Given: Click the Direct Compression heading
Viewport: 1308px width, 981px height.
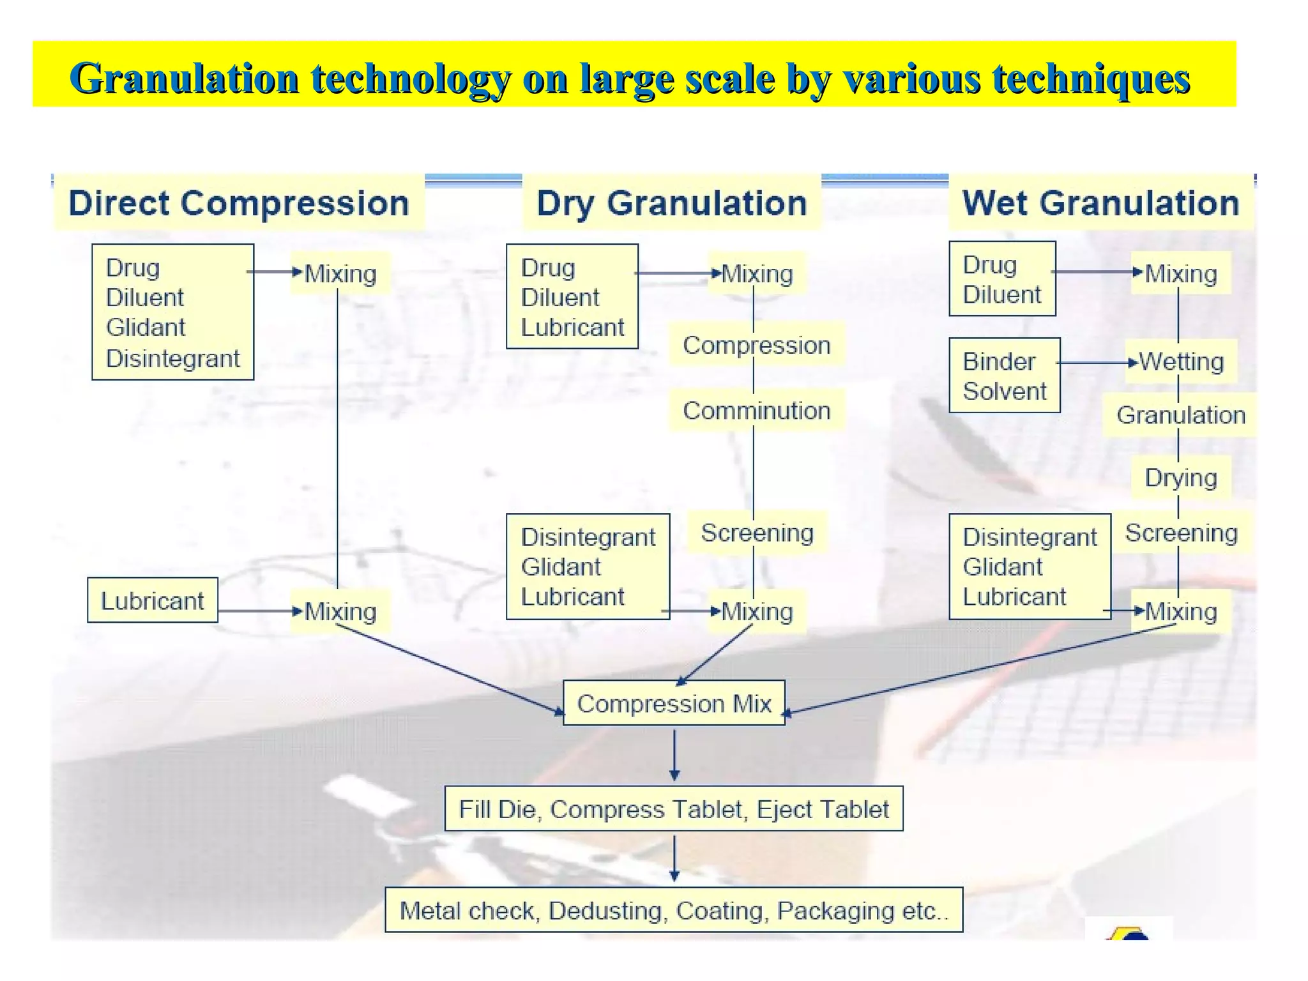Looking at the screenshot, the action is click(x=239, y=203).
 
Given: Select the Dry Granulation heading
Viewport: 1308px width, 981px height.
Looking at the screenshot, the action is click(x=671, y=203).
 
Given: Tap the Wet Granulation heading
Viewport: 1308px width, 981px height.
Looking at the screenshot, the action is click(x=1100, y=203).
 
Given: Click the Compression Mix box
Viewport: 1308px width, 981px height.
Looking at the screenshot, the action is click(x=674, y=703).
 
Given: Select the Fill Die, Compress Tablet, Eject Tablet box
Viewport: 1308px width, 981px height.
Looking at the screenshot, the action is click(x=674, y=809).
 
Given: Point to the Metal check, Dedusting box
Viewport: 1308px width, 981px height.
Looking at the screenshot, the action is click(x=674, y=910).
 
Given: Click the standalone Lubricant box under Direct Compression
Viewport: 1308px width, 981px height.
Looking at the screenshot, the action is click(x=153, y=600).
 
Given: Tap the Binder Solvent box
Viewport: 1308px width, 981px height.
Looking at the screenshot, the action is click(x=1004, y=376).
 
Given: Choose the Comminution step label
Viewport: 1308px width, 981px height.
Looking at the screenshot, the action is click(x=756, y=410).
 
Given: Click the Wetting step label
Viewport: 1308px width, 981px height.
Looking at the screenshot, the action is click(x=1181, y=361).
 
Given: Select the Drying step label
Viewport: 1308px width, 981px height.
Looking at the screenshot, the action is click(x=1181, y=477).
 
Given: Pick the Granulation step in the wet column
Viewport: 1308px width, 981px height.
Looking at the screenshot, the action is click(x=1181, y=415).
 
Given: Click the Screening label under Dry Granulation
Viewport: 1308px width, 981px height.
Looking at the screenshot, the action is click(x=757, y=532).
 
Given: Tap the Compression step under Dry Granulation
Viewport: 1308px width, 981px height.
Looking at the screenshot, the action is click(x=756, y=345).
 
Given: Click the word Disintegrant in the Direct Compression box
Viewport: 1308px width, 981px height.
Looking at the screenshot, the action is click(x=172, y=358).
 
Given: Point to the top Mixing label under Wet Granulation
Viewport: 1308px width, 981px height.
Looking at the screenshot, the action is click(x=1181, y=273).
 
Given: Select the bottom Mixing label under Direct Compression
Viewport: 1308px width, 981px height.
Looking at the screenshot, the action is click(x=340, y=611).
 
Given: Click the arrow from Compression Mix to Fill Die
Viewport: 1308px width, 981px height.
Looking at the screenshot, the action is click(x=674, y=755).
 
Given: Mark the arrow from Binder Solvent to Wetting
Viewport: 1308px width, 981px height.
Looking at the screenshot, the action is click(x=1097, y=363).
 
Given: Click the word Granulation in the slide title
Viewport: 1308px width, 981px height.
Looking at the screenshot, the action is click(x=185, y=79).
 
